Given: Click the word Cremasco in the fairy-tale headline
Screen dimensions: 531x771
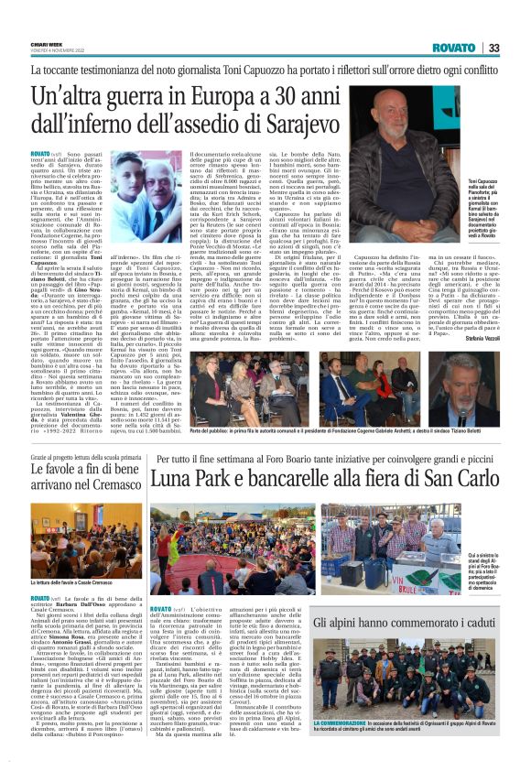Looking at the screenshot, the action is (111, 479).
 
